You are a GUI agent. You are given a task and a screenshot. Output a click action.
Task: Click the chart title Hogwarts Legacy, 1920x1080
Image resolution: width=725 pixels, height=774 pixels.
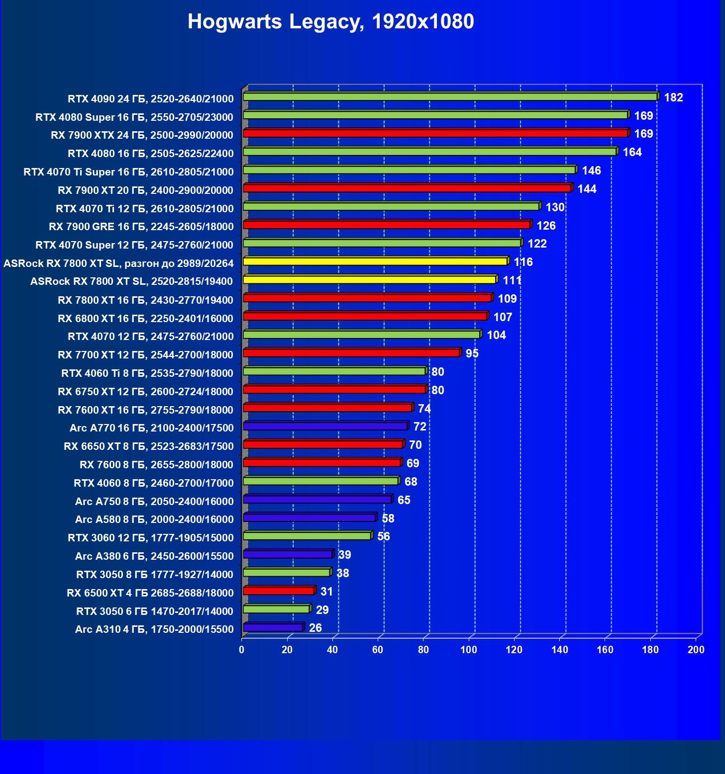pos(330,22)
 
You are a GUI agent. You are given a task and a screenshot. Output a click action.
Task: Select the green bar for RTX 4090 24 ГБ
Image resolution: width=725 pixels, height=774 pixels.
pos(450,97)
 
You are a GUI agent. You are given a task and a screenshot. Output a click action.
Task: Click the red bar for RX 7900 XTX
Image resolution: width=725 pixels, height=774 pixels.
pos(435,133)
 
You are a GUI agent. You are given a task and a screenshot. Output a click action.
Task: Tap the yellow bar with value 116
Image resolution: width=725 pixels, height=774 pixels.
pos(375,261)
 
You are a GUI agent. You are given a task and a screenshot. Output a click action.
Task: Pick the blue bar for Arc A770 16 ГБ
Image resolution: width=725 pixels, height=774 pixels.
pos(325,426)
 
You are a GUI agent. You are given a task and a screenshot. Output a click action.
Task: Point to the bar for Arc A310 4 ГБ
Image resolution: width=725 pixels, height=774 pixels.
pos(273,627)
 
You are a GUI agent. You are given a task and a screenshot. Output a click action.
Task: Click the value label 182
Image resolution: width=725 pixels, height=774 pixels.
pos(673,97)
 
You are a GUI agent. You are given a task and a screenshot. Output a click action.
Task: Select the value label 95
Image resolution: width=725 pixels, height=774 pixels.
pos(472,353)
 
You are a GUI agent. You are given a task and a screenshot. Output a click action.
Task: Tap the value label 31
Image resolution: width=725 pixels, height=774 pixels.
pos(326,592)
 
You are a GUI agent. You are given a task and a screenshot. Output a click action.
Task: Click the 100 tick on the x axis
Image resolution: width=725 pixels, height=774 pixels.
pos(469,650)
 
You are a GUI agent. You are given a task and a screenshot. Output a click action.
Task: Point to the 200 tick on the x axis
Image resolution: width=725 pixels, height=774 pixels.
pos(696,650)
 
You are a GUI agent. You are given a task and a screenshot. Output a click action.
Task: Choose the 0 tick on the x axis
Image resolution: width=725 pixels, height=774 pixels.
pos(242,650)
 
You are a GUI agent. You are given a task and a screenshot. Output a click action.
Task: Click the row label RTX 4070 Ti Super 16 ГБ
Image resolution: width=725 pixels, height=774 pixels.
pos(128,172)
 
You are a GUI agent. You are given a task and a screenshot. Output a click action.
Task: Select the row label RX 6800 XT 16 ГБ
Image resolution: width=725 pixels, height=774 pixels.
pos(145,319)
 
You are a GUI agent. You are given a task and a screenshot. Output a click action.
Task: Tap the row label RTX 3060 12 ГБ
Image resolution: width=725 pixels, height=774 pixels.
pos(150,538)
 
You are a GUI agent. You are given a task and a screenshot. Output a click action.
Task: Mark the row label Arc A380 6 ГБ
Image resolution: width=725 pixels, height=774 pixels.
pos(154,556)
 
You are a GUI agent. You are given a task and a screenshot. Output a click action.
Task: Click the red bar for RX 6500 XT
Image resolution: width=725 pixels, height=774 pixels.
pos(279,591)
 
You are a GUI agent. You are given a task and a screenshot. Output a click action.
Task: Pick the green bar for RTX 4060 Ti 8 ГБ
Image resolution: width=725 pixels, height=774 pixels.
pos(334,371)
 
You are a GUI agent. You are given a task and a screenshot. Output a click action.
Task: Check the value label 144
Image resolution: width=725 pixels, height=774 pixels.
pos(587,189)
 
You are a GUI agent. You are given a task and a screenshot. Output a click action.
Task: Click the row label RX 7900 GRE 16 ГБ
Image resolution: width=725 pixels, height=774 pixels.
pos(141,227)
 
